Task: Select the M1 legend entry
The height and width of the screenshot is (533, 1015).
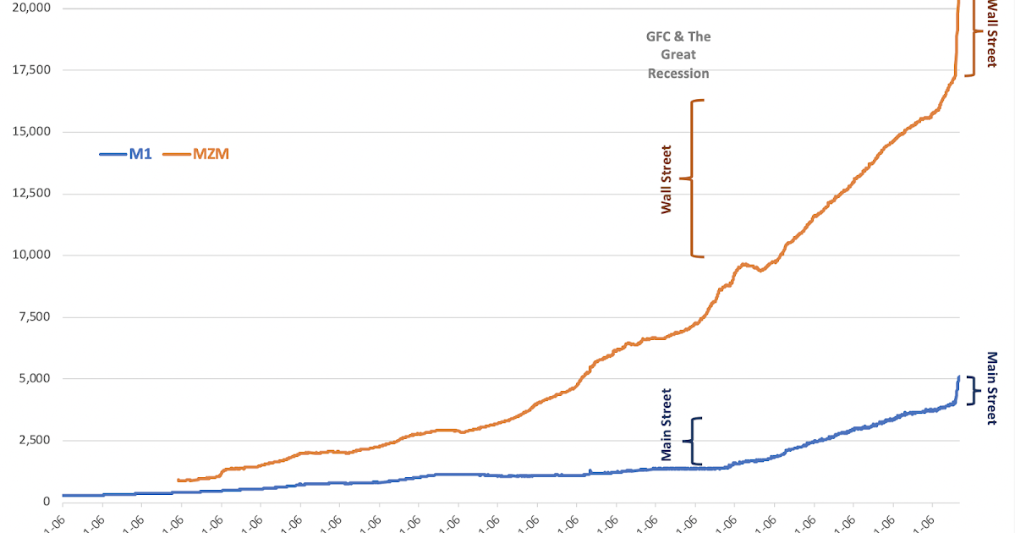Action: pos(127,155)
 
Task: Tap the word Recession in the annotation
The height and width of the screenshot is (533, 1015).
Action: pos(678,74)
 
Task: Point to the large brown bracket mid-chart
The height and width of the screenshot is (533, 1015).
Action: pos(695,179)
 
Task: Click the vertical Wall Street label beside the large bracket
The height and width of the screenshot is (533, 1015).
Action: pos(667,179)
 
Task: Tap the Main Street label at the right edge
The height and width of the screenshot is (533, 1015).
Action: pos(992,388)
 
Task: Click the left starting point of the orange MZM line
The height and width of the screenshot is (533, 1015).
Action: pos(178,480)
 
